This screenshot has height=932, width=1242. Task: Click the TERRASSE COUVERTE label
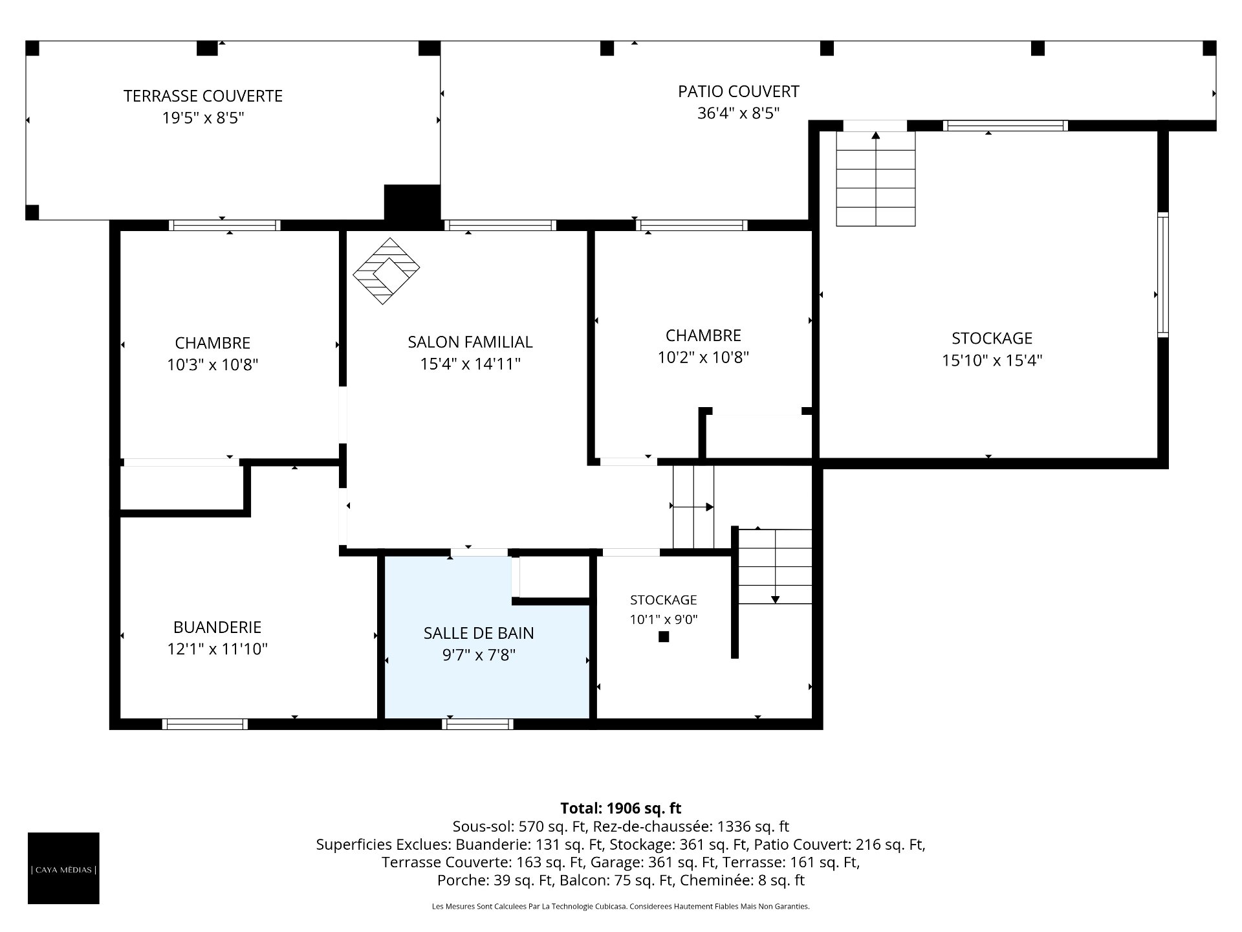click(203, 96)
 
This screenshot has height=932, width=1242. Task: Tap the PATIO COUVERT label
click(738, 92)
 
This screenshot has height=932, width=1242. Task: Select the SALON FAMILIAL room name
click(470, 342)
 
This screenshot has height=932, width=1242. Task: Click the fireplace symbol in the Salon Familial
click(386, 271)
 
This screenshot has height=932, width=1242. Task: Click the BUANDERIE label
click(217, 627)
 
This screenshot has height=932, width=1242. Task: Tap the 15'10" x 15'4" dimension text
click(992, 361)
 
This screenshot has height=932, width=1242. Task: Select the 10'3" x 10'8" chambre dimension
click(213, 365)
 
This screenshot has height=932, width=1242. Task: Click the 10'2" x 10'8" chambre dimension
click(703, 357)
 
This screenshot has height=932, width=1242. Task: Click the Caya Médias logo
click(63, 868)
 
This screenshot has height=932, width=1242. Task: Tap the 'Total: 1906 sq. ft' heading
click(621, 808)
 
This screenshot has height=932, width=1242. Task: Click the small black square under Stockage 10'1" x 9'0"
click(664, 637)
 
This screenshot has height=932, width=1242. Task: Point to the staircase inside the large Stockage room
click(876, 179)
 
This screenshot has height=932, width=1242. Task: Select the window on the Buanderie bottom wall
click(204, 724)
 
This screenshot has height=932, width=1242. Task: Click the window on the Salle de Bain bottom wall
click(478, 724)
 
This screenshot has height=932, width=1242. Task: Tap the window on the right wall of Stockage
click(1163, 274)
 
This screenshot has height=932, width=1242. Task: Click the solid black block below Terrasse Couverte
click(412, 203)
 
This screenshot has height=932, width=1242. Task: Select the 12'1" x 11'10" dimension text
click(217, 649)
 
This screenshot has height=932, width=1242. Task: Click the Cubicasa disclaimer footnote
click(621, 907)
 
